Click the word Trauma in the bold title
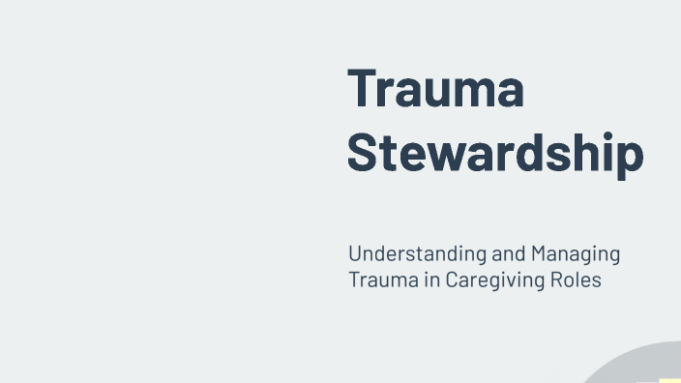435,88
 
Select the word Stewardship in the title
494,154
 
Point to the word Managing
575,255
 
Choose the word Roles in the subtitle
577,280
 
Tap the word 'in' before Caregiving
432,280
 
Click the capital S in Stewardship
363,154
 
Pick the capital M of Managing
539,255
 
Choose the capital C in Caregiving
453,280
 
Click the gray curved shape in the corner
629,366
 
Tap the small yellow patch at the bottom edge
669,380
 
